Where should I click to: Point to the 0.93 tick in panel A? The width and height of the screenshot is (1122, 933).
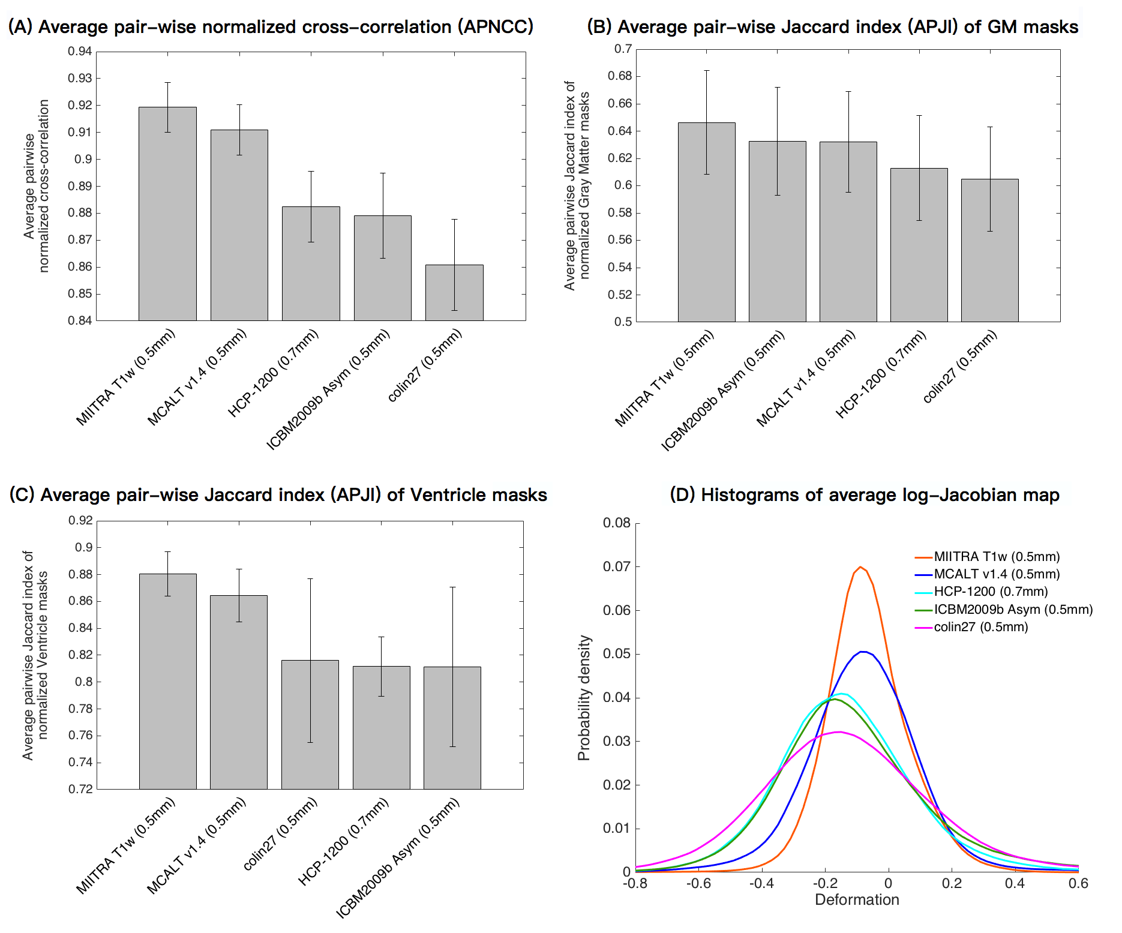(x=80, y=79)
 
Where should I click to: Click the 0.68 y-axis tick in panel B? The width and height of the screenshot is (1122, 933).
(x=620, y=76)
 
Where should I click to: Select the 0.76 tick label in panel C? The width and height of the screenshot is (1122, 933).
(x=80, y=736)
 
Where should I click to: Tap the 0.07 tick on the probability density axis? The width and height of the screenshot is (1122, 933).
(x=617, y=566)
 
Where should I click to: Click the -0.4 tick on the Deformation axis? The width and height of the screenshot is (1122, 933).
(x=761, y=883)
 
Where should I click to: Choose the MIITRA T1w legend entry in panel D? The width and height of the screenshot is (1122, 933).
(x=997, y=557)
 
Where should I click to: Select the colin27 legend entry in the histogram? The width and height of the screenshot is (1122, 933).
(x=980, y=627)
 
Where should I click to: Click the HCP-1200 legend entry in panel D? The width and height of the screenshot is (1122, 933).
(x=991, y=592)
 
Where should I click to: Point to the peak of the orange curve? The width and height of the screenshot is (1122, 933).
(x=860, y=567)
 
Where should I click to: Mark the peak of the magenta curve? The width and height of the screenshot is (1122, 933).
(x=839, y=732)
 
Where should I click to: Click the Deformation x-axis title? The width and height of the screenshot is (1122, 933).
(x=857, y=899)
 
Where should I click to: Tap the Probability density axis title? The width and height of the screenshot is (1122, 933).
(x=584, y=698)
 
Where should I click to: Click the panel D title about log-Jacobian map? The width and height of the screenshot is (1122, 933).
(x=865, y=495)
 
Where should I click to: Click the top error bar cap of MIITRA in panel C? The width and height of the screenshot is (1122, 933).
(x=168, y=552)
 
